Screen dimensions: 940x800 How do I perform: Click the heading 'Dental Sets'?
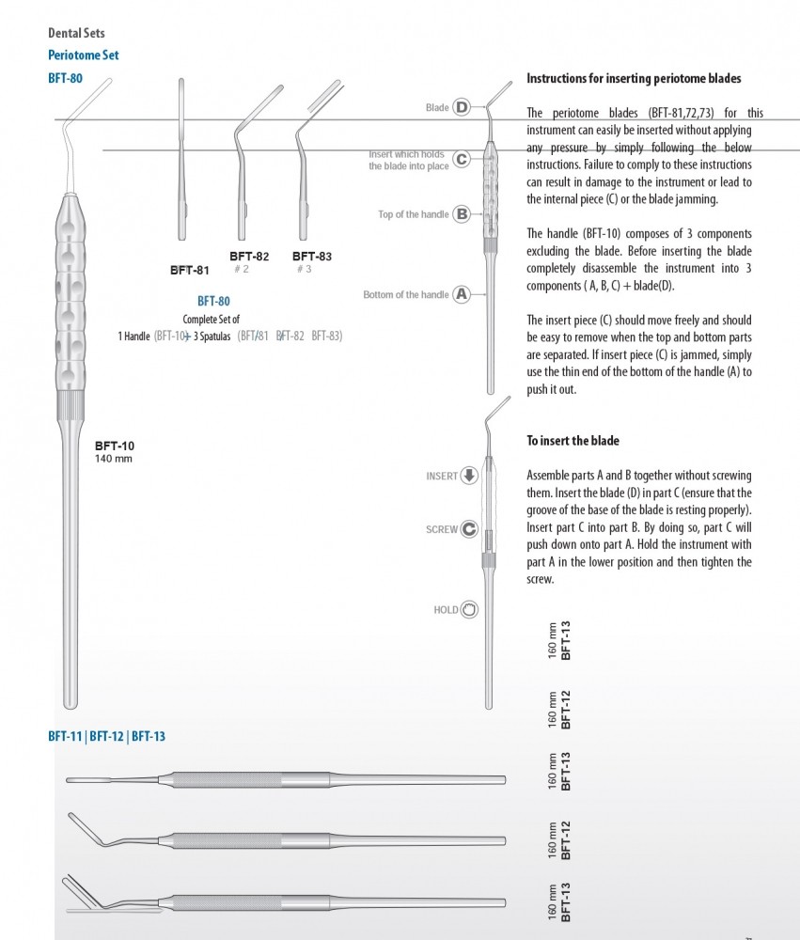76,34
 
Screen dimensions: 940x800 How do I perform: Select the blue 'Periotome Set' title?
84,55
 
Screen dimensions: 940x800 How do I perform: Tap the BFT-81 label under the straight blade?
189,270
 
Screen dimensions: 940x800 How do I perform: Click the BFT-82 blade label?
249,256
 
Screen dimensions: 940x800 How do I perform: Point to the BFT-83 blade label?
312,256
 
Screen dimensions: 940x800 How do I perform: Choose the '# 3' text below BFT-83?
304,269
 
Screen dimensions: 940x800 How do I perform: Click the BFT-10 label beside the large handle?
115,446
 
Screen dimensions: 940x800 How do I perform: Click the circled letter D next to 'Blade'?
462,107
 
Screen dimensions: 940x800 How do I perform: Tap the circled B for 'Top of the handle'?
462,214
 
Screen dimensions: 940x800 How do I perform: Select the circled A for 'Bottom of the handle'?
462,294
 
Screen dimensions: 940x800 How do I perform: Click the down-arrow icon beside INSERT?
469,476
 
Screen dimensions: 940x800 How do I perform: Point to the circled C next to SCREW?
469,529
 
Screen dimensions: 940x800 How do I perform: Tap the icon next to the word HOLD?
469,610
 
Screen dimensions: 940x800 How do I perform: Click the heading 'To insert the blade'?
573,441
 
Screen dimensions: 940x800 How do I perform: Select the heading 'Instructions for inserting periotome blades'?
634,79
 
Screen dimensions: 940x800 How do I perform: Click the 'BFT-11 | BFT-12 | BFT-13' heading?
107,736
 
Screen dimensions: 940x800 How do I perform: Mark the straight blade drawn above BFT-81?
181,160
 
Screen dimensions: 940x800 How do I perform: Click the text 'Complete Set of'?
211,319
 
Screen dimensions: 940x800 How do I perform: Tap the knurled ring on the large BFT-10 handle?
74,408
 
